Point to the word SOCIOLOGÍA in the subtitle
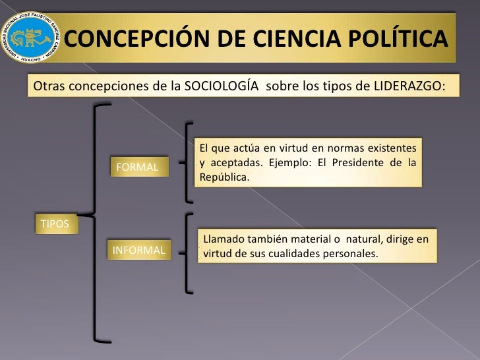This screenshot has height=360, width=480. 223,87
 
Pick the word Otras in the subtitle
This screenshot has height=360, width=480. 47,87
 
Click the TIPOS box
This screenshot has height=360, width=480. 55,224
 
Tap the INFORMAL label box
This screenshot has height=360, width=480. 138,251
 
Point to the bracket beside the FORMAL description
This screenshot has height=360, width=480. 190,161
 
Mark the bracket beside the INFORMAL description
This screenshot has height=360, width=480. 190,252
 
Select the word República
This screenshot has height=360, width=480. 224,177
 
